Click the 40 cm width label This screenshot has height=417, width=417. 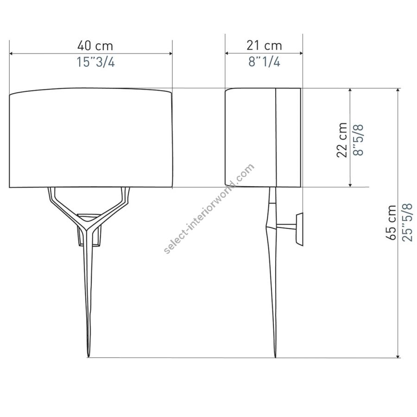pyautogui.click(x=95, y=46)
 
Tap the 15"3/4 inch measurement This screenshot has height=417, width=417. pyautogui.click(x=96, y=62)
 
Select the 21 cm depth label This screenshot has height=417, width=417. pyautogui.click(x=264, y=45)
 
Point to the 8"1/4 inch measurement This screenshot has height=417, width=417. pyautogui.click(x=265, y=62)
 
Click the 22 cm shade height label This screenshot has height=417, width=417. pyautogui.click(x=342, y=140)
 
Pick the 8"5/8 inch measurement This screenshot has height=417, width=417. pyautogui.click(x=358, y=140)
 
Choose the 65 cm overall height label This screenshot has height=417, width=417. pyautogui.click(x=391, y=223)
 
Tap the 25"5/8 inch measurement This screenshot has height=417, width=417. pyautogui.click(x=407, y=222)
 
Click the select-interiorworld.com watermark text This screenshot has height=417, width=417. pyautogui.click(x=209, y=209)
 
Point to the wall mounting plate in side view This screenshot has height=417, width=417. pyautogui.click(x=299, y=229)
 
